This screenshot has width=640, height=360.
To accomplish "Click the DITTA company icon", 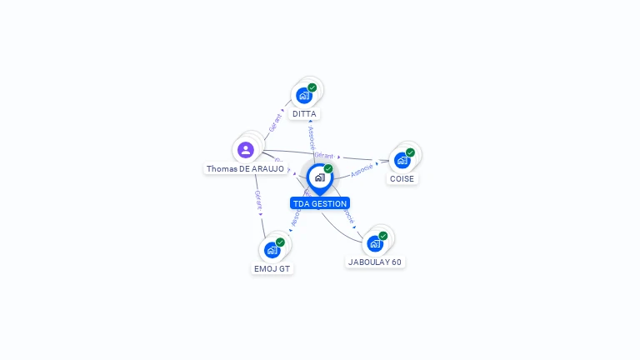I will tap(304, 96).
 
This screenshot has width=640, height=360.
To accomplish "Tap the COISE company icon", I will tap(402, 161).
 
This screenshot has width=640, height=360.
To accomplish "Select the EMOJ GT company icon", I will tap(272, 250).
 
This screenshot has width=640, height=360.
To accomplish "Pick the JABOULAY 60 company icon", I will tap(374, 243).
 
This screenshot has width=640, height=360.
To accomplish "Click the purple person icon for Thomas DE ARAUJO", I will tap(245, 150).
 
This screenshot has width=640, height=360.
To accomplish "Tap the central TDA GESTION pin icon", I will tap(319, 177).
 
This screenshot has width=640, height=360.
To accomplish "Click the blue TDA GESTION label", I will tap(320, 203).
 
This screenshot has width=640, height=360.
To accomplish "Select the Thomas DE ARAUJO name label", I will tap(245, 169).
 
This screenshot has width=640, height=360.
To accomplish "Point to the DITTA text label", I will tap(305, 114).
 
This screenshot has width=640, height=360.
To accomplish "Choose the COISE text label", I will tap(402, 179).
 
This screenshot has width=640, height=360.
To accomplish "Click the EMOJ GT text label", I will tap(272, 268).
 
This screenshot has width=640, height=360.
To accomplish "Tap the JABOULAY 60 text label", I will tap(375, 262).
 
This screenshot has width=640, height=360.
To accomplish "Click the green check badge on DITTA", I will tap(312, 87).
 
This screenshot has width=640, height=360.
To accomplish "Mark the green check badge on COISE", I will tap(410, 152).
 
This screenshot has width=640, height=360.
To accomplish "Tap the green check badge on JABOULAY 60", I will tap(382, 236).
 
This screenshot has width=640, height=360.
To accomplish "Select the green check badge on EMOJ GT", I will tap(280, 242).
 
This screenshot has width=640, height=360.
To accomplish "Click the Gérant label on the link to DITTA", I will tap(276, 123).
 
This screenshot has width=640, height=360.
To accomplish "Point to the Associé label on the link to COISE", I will tap(362, 170).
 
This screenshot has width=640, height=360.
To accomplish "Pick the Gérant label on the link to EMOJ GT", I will tap(258, 199).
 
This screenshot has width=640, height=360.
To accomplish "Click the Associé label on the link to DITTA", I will tap(311, 138).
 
